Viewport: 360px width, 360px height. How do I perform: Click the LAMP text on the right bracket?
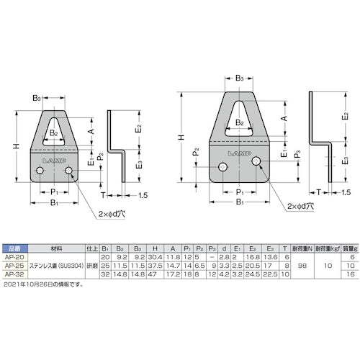click(238, 153)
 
